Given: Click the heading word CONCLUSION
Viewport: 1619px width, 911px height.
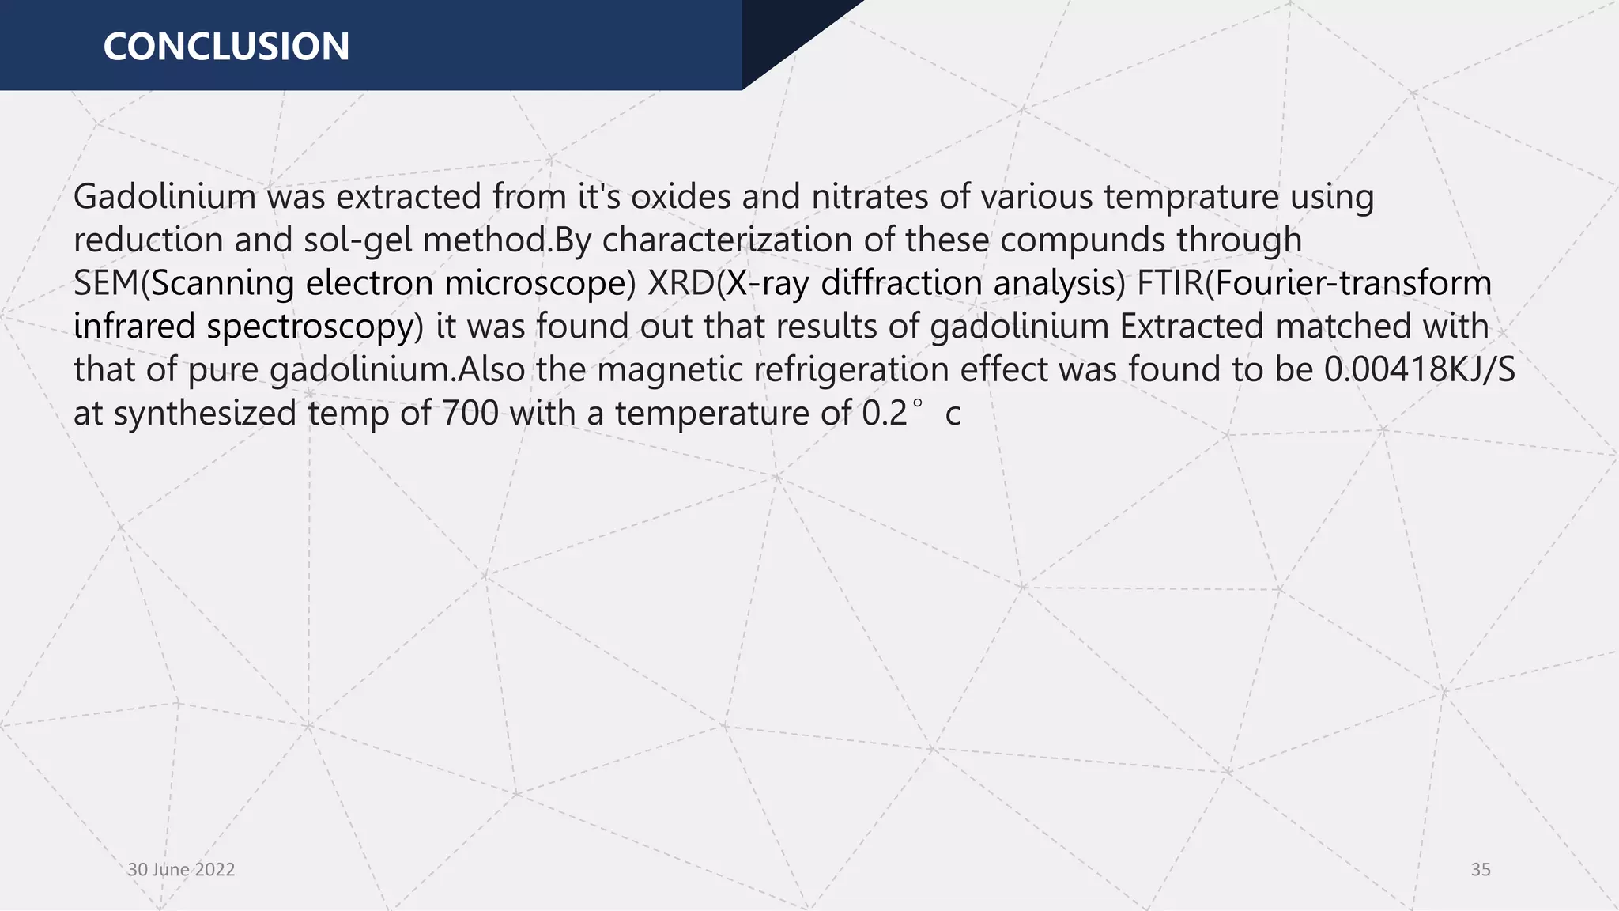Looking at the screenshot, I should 226,47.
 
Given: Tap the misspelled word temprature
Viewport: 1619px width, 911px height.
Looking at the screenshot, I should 1191,197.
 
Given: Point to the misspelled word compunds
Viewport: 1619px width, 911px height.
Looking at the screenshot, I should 1082,240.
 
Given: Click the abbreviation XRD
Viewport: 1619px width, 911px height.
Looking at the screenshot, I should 681,283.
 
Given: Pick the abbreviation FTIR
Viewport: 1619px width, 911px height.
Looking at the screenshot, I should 1170,283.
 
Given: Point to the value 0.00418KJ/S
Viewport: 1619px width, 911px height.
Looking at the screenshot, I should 1420,370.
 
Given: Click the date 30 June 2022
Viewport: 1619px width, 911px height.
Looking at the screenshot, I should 181,870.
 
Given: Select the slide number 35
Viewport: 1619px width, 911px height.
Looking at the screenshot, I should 1481,870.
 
